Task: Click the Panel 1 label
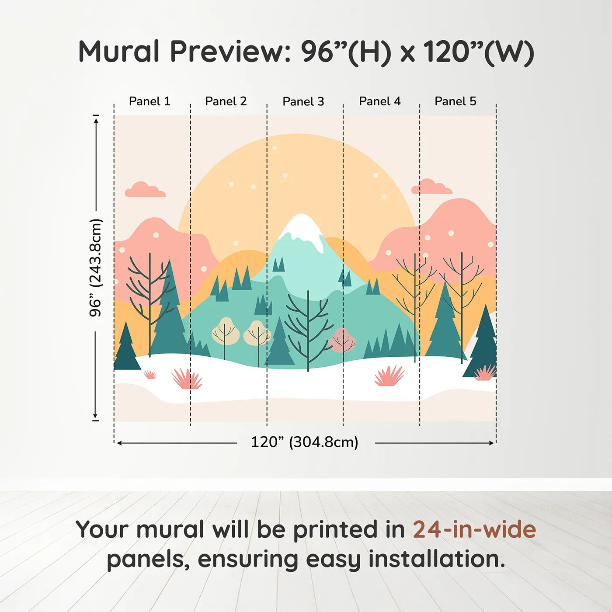(150, 101)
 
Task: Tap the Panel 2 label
(226, 101)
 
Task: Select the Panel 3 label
(303, 101)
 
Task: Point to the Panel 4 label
(380, 101)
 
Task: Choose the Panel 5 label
(456, 101)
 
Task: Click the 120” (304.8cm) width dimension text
(305, 442)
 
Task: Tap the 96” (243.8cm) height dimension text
(96, 268)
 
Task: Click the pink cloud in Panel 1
(145, 189)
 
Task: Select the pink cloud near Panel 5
(431, 186)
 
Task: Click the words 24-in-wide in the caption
(474, 529)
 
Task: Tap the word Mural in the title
(119, 52)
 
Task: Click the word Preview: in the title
(231, 52)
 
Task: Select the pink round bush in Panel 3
(342, 340)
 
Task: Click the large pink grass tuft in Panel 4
(389, 376)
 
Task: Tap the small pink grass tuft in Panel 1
(150, 375)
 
